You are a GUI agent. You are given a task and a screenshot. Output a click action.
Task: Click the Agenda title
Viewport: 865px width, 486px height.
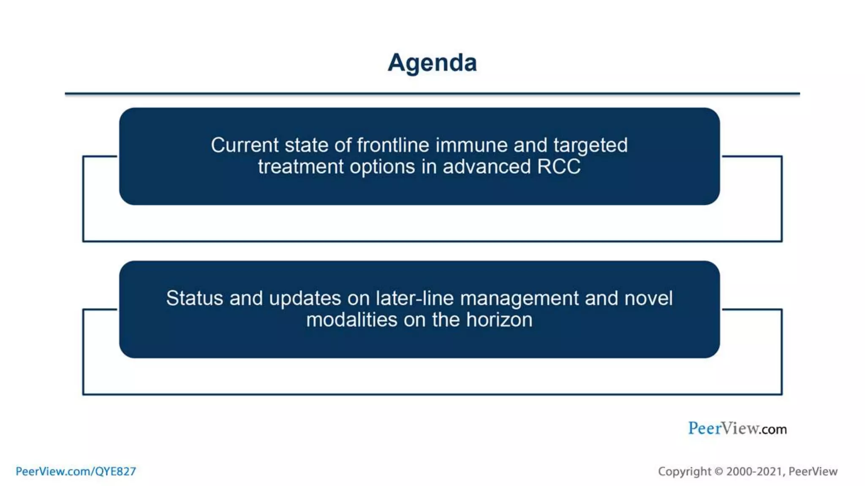coord(432,63)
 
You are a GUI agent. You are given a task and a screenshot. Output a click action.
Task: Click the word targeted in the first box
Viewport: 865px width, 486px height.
coord(590,146)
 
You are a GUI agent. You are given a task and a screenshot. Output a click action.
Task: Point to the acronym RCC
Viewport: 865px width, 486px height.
coord(559,167)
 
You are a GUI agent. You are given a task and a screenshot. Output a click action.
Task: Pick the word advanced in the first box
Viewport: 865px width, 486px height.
coord(487,167)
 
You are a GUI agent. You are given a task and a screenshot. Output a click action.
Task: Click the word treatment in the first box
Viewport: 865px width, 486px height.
coord(301,167)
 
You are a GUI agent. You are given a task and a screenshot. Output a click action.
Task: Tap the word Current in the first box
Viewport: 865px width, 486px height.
coord(245,145)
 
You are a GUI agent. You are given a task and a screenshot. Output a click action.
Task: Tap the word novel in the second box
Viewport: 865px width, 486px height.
coord(648,298)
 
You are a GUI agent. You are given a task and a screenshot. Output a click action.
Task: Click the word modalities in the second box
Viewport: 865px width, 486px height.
coord(352,320)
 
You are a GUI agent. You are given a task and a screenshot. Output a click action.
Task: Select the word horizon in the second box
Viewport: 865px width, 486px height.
coord(499,320)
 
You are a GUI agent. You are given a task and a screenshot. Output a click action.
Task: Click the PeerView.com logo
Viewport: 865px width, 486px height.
coord(737,428)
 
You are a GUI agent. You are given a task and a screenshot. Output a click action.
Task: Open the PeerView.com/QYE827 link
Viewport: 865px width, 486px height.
coord(76,471)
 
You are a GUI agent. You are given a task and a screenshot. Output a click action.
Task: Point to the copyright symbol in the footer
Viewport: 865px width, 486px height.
coord(718,471)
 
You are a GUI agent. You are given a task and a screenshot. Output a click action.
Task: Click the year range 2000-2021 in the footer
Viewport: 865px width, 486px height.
coord(756,471)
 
